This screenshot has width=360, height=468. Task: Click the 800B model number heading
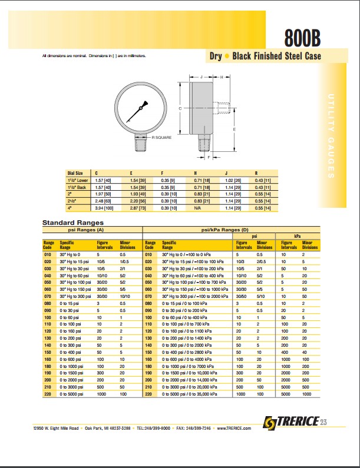point(302,39)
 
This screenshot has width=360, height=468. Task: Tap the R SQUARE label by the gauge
point(161,137)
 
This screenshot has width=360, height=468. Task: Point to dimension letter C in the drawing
point(180,108)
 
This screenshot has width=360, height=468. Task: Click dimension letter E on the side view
point(235,129)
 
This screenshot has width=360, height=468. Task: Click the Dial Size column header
point(75,173)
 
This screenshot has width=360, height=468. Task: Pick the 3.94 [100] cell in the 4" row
point(104,208)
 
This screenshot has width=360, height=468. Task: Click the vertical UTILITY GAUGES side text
point(331,135)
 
